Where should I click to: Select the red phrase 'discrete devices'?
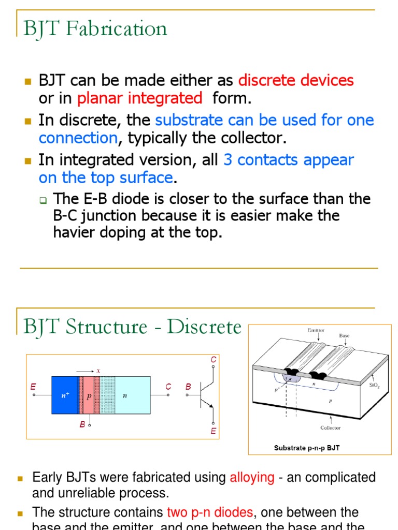click(296, 81)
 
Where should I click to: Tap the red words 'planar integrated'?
click(139, 98)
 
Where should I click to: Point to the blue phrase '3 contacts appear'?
click(288, 160)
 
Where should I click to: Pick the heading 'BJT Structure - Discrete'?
click(133, 327)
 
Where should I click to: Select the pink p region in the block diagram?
click(88, 395)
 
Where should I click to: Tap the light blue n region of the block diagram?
click(132, 395)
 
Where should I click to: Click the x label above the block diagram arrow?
click(98, 371)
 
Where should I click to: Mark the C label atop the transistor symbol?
click(213, 360)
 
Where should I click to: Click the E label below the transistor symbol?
click(213, 431)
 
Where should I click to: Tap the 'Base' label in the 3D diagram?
click(344, 335)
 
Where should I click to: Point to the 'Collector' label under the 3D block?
click(330, 428)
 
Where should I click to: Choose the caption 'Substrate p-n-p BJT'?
click(307, 448)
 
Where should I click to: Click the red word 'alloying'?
click(252, 477)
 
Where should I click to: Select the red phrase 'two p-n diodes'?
click(210, 512)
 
